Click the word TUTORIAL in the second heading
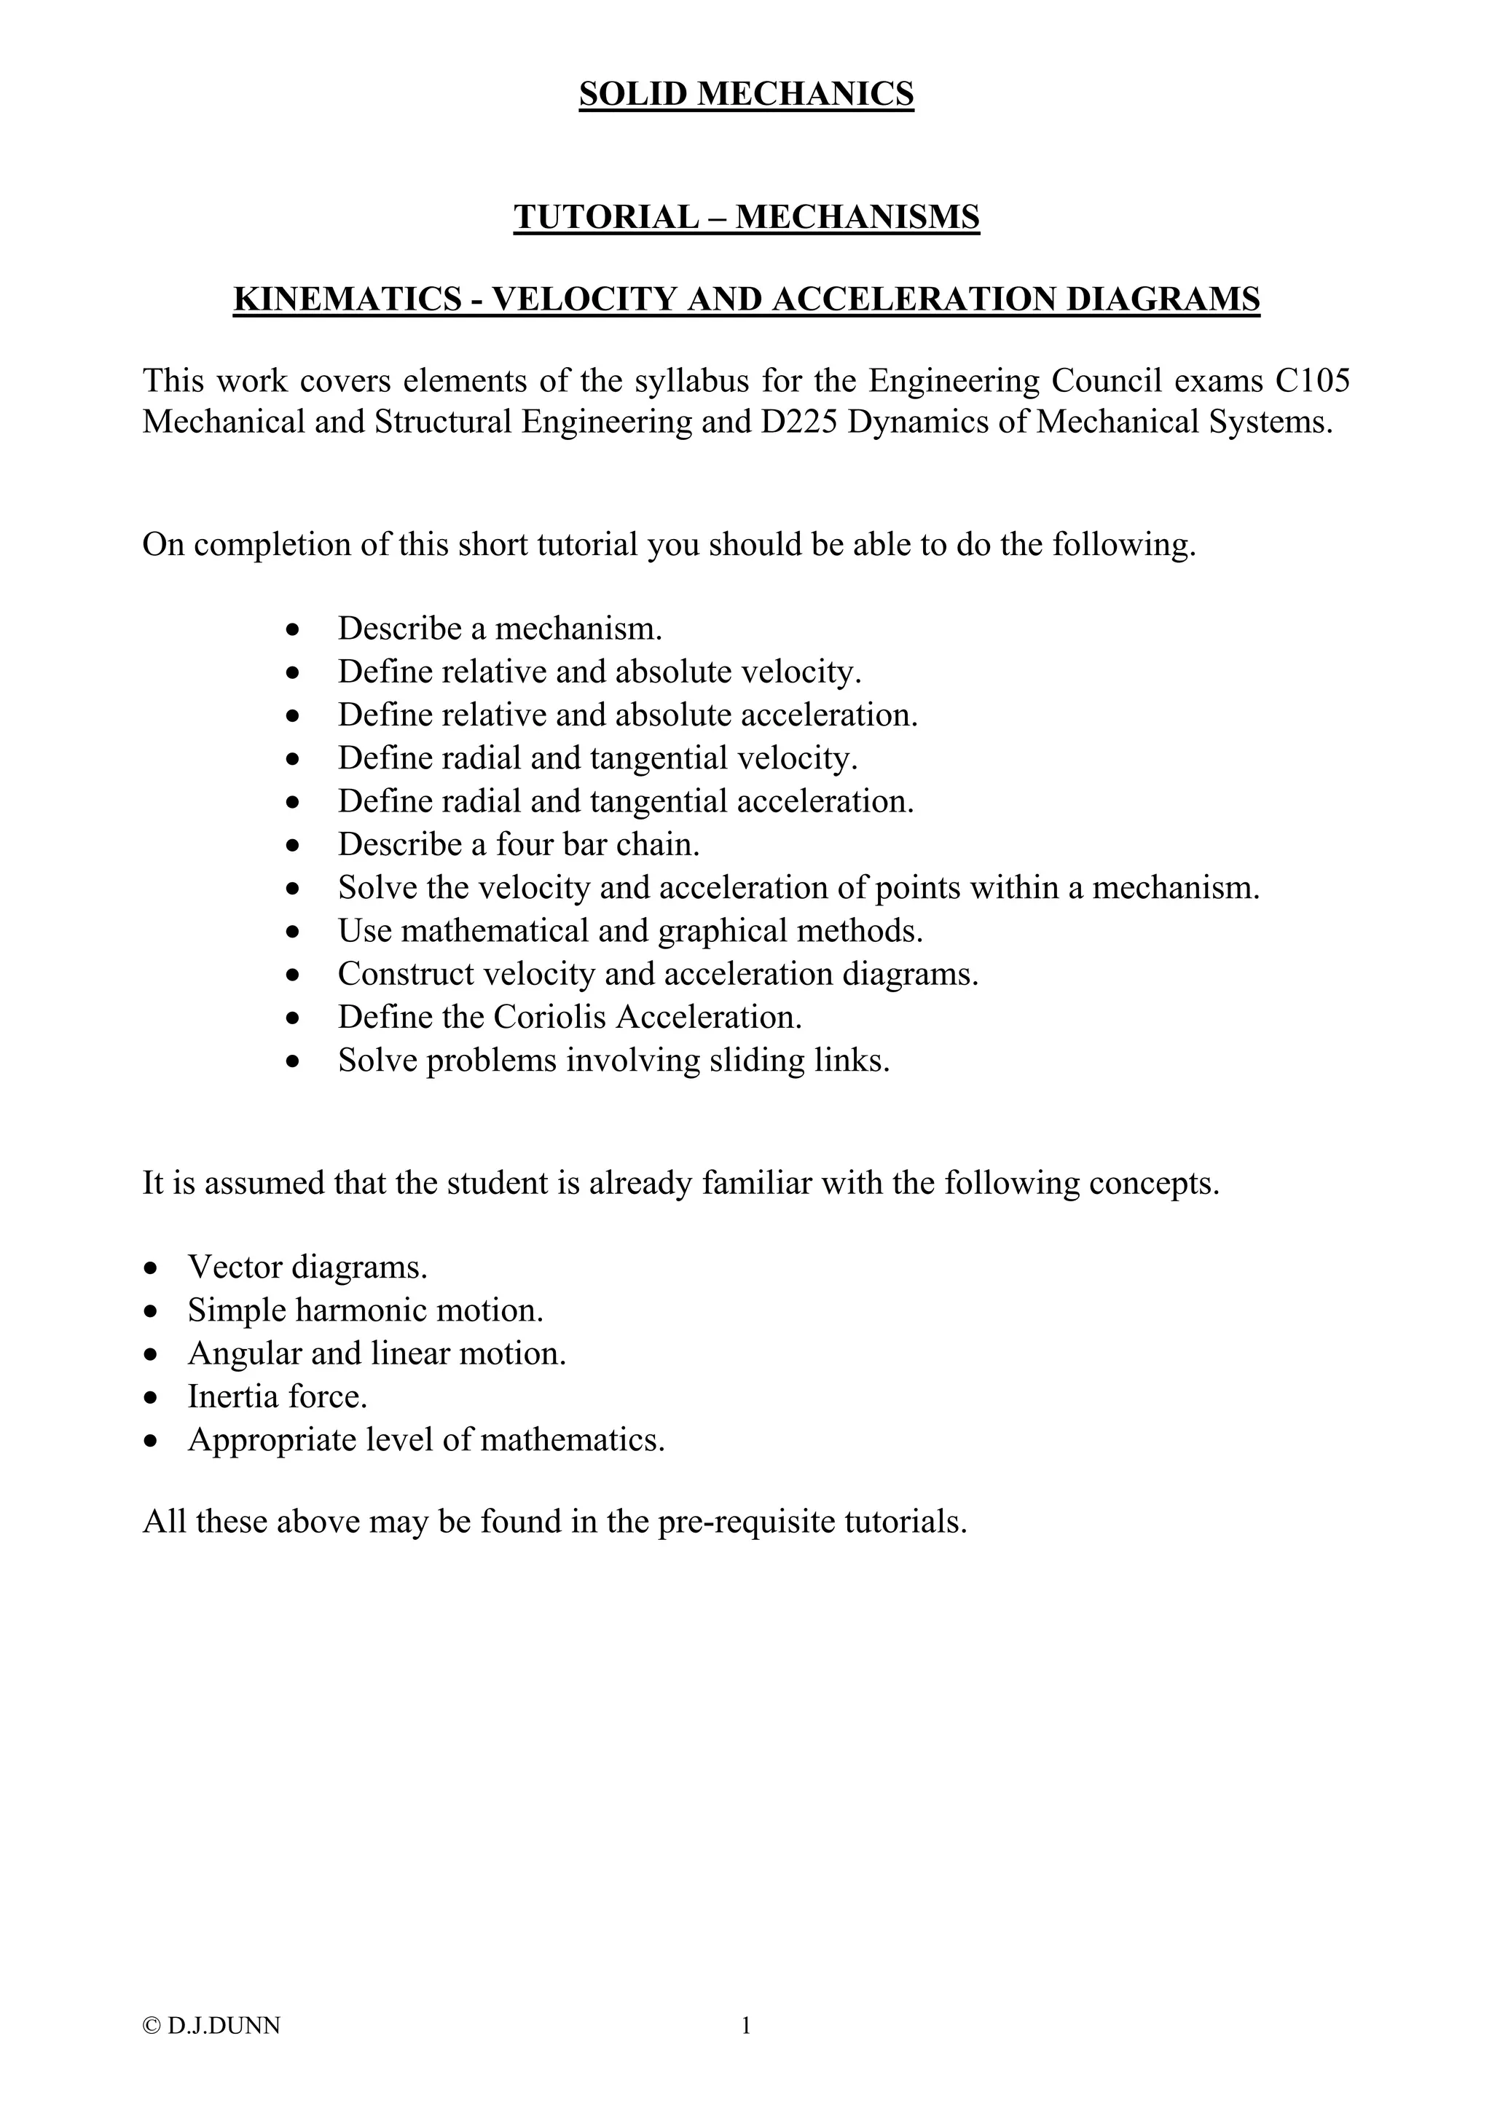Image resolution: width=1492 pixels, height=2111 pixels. coord(606,217)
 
